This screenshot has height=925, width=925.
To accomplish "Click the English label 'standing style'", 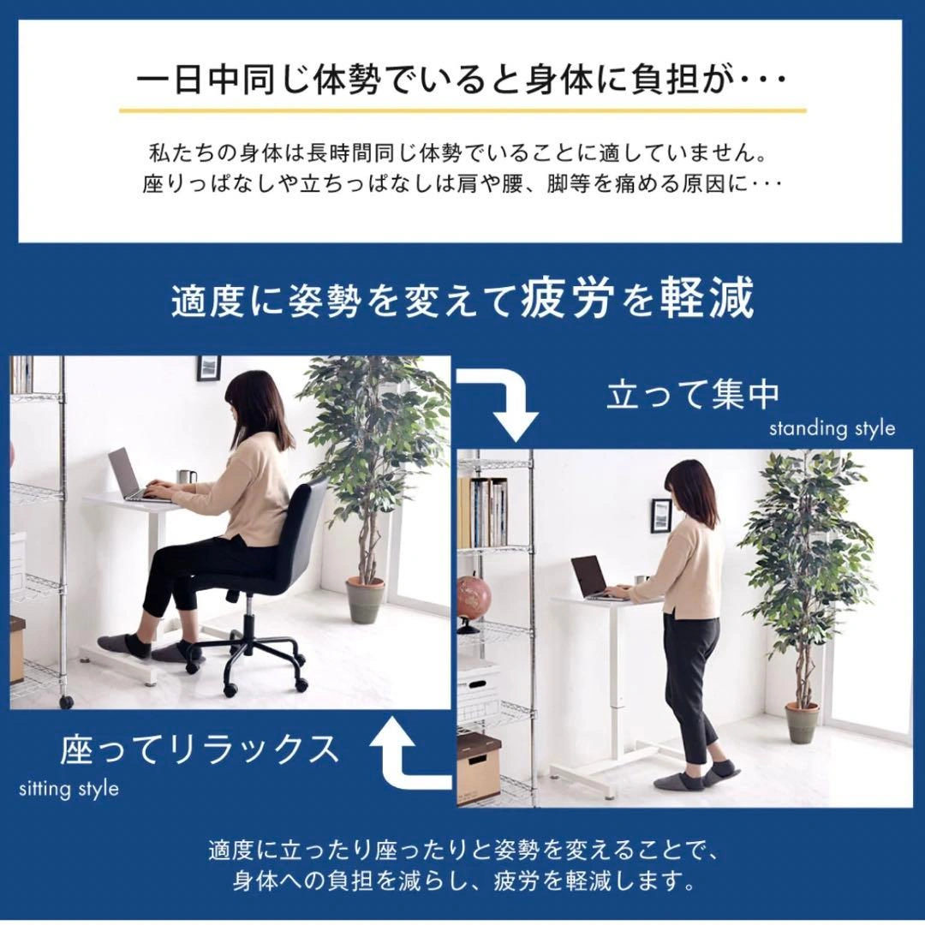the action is tap(832, 429).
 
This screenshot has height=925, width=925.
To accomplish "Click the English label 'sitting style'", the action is tap(69, 789).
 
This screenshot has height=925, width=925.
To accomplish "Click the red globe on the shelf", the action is tap(474, 597).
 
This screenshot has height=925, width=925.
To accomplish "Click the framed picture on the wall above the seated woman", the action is tap(208, 367).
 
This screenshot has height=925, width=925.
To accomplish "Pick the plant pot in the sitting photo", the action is tap(365, 600).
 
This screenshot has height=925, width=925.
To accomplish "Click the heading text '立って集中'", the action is tap(693, 396).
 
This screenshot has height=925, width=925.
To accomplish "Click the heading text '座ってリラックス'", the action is tap(200, 749).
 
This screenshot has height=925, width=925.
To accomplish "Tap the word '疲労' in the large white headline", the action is tap(564, 298).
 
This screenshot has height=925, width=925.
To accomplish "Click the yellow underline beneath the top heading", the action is tap(462, 110).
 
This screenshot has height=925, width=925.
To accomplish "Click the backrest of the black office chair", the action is tap(307, 522).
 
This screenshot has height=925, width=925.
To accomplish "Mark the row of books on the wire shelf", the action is tap(482, 513).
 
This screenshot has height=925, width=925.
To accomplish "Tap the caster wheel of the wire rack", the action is tap(66, 702).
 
